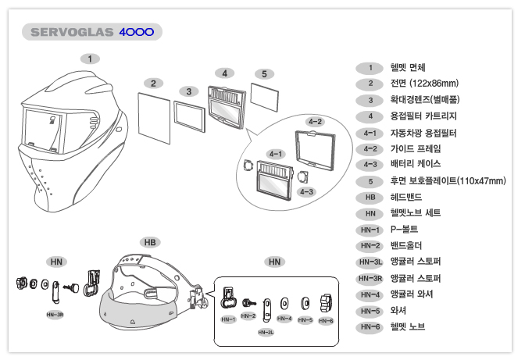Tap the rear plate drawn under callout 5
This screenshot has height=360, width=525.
[x=264, y=97]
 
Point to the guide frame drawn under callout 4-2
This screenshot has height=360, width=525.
[x=315, y=147]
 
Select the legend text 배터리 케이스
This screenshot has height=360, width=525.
[x=416, y=165]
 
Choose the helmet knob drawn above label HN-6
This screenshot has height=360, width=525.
[x=326, y=301]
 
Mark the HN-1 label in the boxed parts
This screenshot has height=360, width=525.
[x=228, y=320]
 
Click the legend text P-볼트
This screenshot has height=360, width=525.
[x=404, y=229]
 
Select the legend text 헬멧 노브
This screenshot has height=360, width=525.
[x=408, y=326]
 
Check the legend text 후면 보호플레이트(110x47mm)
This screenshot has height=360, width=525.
[x=448, y=181]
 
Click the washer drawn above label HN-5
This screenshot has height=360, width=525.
[x=305, y=302]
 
